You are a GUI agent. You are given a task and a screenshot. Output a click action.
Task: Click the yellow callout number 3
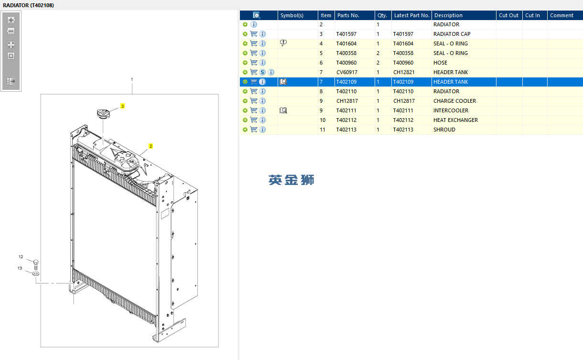click(x=123, y=106)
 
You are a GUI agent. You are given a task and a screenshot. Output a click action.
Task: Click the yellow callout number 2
click(x=151, y=146)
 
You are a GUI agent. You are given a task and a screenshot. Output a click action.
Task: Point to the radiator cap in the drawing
click(x=103, y=113)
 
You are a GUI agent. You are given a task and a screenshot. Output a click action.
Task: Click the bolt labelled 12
click(x=36, y=264)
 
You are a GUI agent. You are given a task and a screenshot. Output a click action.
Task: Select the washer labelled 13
click(x=36, y=273)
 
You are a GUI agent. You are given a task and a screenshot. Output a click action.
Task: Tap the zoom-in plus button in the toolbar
click(x=11, y=20)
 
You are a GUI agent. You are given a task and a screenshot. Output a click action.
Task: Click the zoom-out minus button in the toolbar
click(x=11, y=31)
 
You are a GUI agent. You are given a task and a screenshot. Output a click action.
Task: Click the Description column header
click(x=448, y=15)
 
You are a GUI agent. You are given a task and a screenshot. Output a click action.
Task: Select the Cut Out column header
click(x=508, y=15)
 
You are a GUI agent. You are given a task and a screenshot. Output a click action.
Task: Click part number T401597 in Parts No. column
click(x=346, y=34)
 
